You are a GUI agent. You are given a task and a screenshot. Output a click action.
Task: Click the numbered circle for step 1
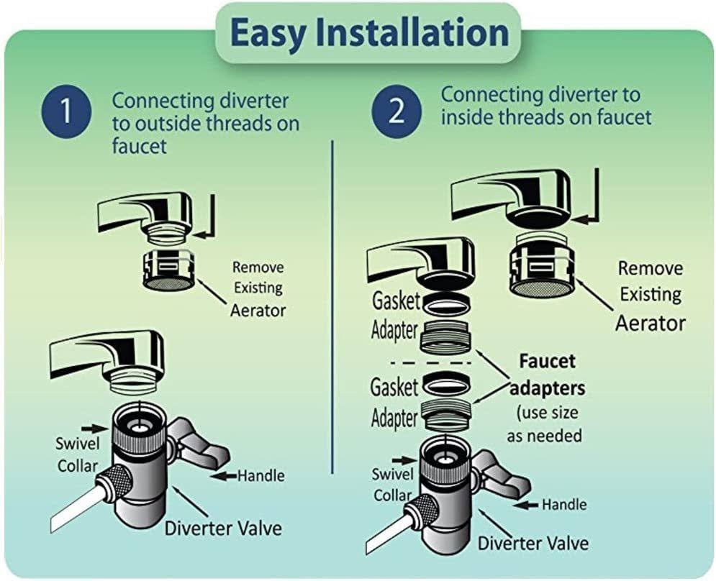(x=65, y=114)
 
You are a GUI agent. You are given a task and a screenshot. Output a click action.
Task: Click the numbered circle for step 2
(x=395, y=114)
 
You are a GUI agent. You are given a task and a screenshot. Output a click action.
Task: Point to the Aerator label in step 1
(x=258, y=311)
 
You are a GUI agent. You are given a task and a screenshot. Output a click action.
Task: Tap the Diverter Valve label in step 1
(x=223, y=529)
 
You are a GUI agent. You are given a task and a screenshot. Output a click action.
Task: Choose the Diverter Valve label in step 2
(x=533, y=542)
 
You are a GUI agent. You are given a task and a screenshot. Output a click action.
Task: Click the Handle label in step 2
(x=565, y=504)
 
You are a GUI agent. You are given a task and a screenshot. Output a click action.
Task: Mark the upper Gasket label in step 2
(x=394, y=301)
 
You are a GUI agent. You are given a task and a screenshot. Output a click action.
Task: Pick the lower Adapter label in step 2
(x=394, y=417)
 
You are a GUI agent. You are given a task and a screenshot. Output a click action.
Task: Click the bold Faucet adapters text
(x=547, y=374)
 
